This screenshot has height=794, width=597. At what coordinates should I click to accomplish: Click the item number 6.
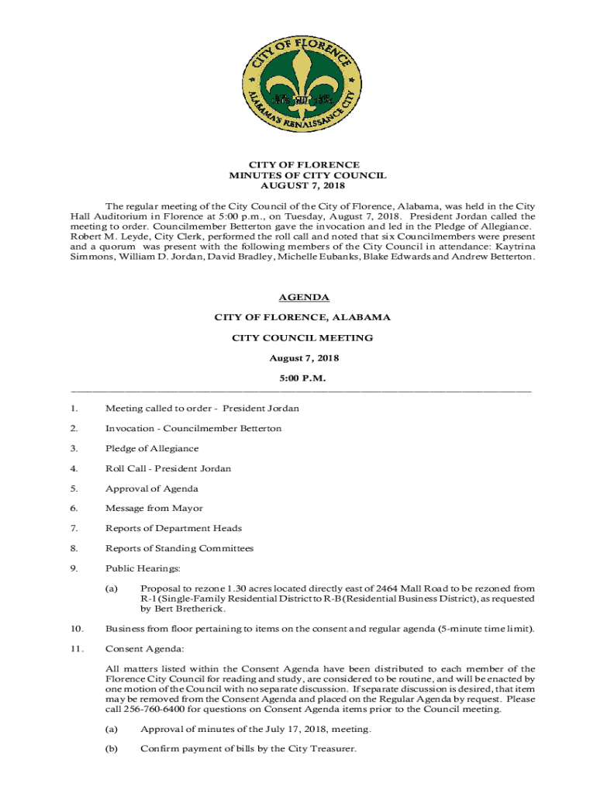click(73, 509)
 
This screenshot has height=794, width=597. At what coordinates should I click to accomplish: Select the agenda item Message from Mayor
click(154, 509)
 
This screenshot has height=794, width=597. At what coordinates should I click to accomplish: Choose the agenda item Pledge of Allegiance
click(152, 449)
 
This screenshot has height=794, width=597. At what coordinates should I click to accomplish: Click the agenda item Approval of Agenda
click(152, 488)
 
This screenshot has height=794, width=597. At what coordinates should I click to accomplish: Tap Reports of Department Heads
click(174, 529)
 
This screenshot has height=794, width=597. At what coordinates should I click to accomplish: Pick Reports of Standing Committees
click(179, 549)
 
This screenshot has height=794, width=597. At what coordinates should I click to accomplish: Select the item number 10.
click(75, 629)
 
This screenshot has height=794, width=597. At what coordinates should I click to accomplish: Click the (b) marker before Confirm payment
click(112, 749)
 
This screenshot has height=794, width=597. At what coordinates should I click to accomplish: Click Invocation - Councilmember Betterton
click(193, 429)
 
